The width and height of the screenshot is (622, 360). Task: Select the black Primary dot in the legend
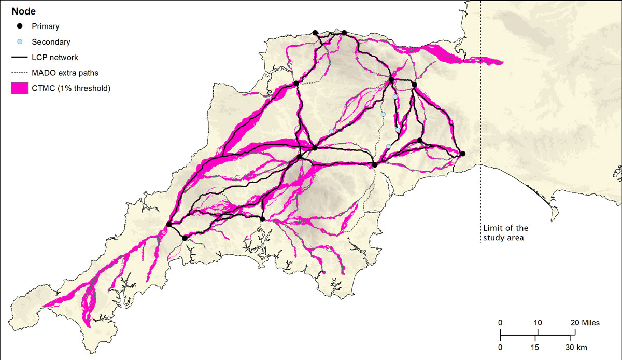[x=20, y=26]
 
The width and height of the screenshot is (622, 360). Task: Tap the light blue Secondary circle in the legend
[x=20, y=42]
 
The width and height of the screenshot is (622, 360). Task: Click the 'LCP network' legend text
[x=55, y=58]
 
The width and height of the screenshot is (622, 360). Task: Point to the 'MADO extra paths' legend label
[x=65, y=73]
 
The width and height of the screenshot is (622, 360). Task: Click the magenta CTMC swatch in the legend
[x=20, y=88]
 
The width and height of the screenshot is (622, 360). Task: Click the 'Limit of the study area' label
[x=505, y=233]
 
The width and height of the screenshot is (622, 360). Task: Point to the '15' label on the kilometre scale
[x=538, y=347]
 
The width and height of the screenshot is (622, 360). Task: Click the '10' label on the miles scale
[x=538, y=323]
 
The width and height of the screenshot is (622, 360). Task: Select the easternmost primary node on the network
[x=463, y=154]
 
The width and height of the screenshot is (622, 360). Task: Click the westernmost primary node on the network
[x=169, y=224]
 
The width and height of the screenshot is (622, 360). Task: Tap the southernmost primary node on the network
[x=185, y=238]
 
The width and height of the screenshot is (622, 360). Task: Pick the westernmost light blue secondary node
[x=331, y=131]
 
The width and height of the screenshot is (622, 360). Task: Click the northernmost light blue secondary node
[x=395, y=96]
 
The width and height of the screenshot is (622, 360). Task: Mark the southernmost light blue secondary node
[x=388, y=146]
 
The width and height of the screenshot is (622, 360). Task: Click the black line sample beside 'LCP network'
[x=20, y=58]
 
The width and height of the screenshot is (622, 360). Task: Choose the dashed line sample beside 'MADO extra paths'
[x=20, y=73]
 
